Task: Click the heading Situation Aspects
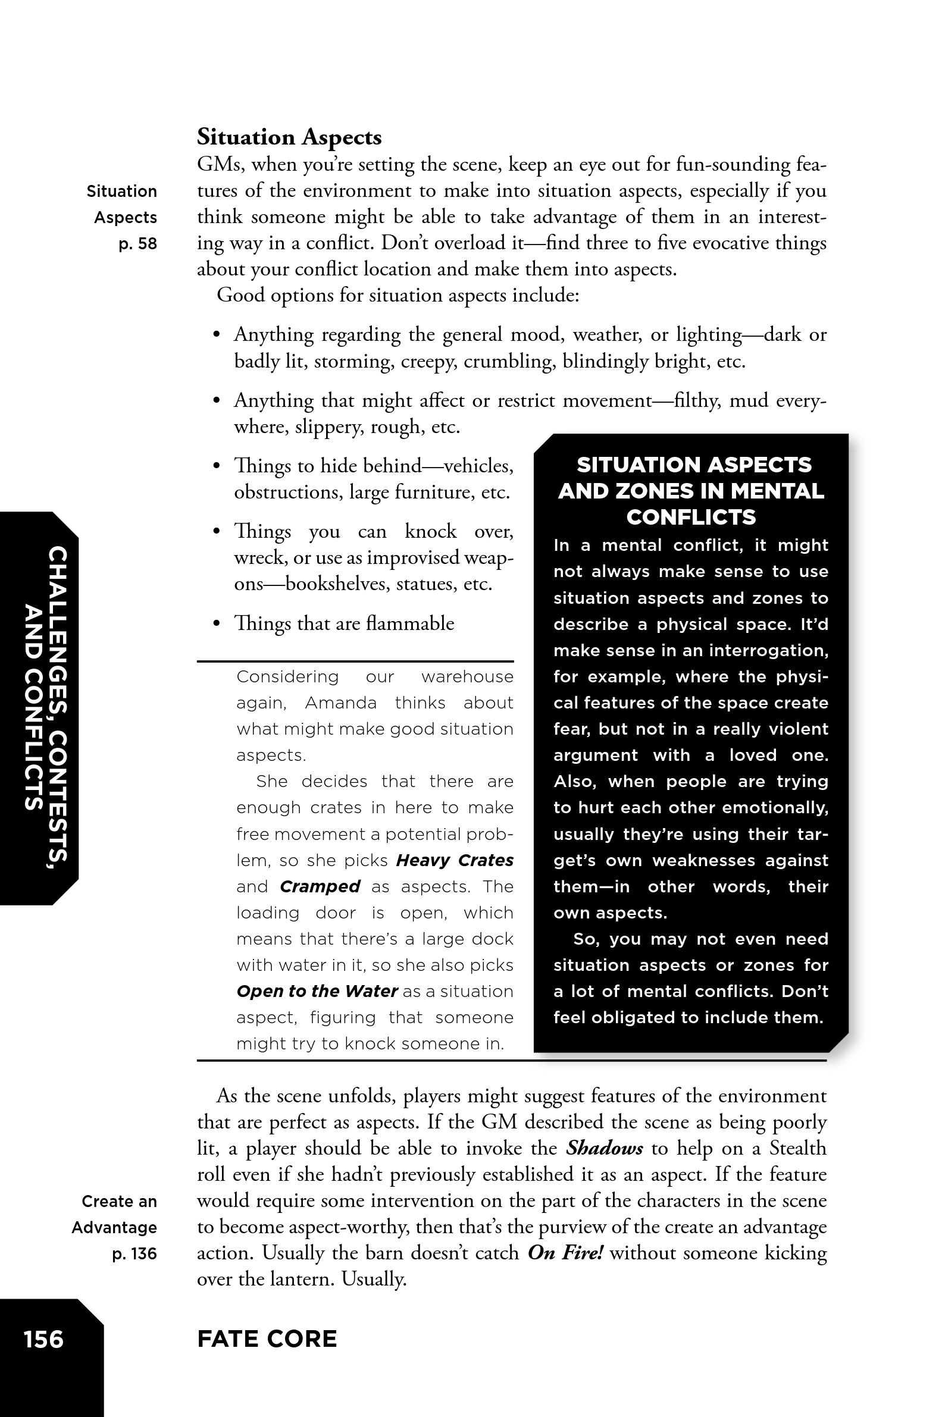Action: click(x=289, y=137)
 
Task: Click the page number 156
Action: click(x=43, y=1339)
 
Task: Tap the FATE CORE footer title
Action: click(x=267, y=1338)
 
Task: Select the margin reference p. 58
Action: click(x=137, y=244)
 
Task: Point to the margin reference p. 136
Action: click(x=134, y=1254)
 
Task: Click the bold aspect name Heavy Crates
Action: click(x=455, y=860)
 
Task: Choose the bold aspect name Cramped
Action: click(x=320, y=887)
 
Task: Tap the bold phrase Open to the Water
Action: click(x=317, y=991)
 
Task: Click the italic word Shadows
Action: click(x=605, y=1148)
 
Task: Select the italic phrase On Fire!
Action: click(x=565, y=1253)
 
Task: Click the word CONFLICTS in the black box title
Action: click(x=691, y=518)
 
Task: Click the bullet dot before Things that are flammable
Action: click(x=217, y=623)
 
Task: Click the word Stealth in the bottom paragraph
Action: click(x=797, y=1148)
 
